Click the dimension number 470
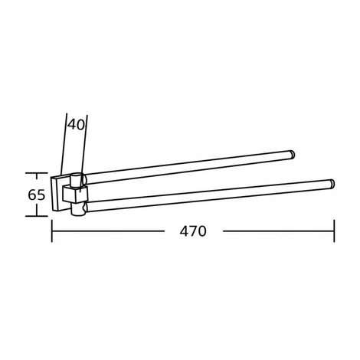click(x=193, y=231)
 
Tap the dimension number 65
click(x=37, y=195)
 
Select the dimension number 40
click(x=76, y=125)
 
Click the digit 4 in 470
click(x=185, y=231)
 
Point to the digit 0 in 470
click(x=201, y=231)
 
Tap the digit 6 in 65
click(x=32, y=195)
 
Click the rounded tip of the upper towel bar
click(x=292, y=154)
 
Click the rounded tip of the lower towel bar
click(x=332, y=184)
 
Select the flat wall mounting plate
click(x=61, y=193)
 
